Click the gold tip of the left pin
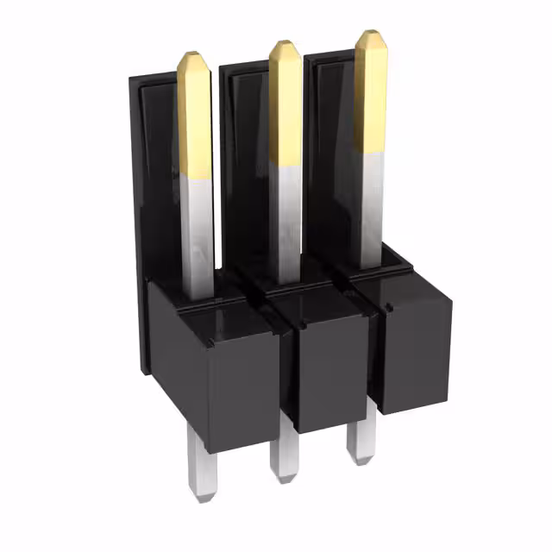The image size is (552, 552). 195,116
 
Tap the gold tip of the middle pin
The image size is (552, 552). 285,103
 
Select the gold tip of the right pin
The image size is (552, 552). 371,91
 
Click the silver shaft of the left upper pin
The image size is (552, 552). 198,233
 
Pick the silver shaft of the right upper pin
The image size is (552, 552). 371,203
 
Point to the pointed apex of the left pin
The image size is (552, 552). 191,54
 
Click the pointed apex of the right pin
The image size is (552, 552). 368,33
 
